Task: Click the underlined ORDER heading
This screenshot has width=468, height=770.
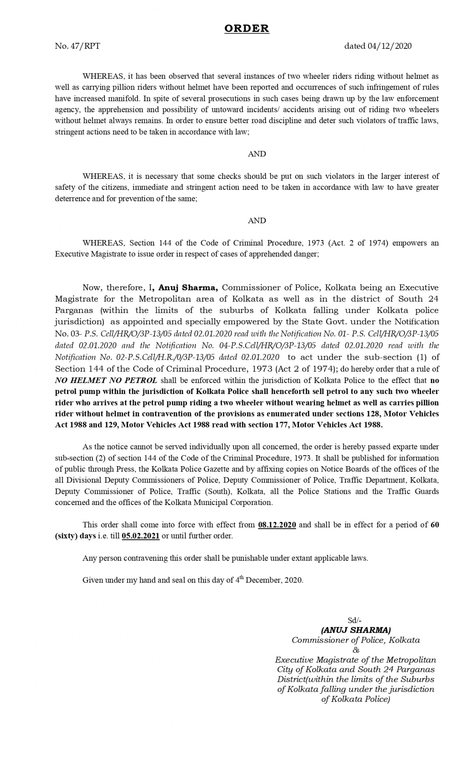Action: (x=246, y=28)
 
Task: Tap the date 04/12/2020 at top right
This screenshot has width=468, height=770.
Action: (x=389, y=46)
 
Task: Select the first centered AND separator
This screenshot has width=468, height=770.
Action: (x=257, y=154)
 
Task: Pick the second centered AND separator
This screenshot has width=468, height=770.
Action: (x=257, y=221)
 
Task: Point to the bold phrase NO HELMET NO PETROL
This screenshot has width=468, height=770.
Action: (x=106, y=380)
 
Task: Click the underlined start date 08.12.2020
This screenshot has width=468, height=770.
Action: (x=277, y=525)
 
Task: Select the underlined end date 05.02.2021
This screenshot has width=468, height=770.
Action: (x=140, y=536)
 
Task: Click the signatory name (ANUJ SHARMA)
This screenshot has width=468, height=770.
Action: (x=356, y=630)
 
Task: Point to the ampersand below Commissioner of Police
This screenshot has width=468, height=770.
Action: (x=355, y=650)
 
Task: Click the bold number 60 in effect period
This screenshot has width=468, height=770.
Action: (x=435, y=525)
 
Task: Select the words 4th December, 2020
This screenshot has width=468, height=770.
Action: (x=269, y=580)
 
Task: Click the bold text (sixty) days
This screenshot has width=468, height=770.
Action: (x=75, y=536)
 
